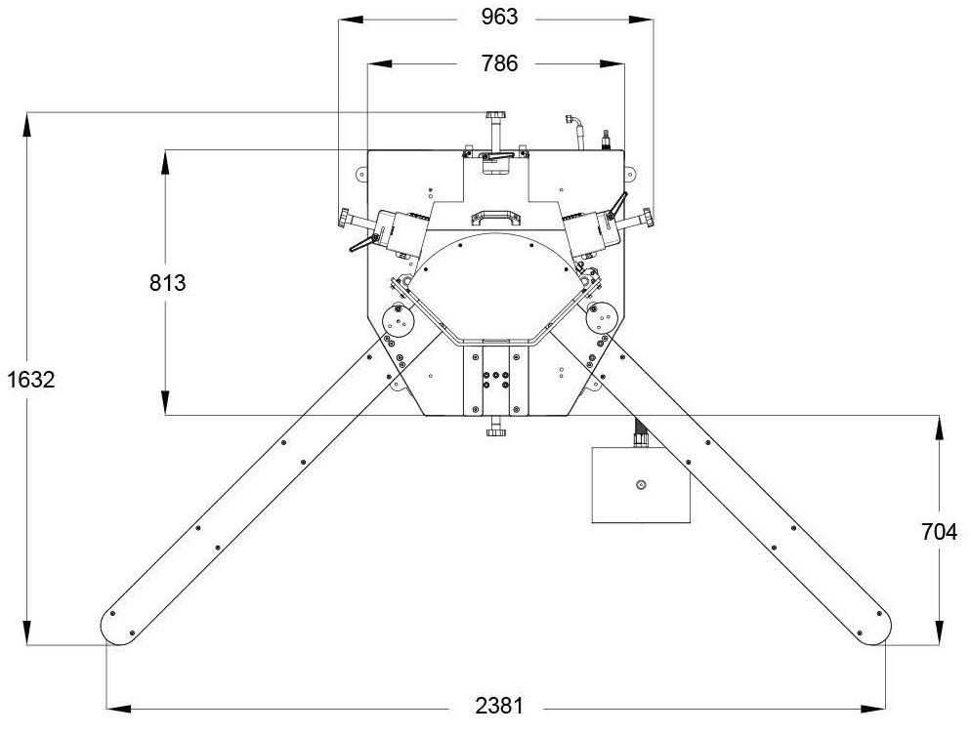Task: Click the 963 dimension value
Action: (x=499, y=17)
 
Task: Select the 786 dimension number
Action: (x=499, y=63)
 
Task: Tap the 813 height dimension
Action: (x=167, y=283)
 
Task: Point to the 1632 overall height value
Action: (x=31, y=380)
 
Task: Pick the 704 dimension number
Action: (x=939, y=532)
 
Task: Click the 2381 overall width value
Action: (x=499, y=706)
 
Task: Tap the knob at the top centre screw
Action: (x=495, y=116)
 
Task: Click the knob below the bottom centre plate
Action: (x=495, y=431)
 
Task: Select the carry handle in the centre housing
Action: (x=496, y=218)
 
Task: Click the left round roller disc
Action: (x=399, y=320)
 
